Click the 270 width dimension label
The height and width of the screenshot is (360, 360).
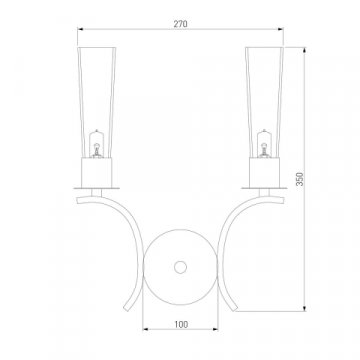pos(180,24)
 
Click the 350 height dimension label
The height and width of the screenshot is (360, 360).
pos(300,179)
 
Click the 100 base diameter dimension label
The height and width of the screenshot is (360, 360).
pos(181,324)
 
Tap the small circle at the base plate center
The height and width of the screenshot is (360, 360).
pos(180,267)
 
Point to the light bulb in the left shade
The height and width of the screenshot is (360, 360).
pos(97,144)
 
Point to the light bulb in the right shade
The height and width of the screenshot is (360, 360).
pos(264,144)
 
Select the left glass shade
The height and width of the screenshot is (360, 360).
pos(97,102)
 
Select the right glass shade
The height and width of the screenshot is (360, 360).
pos(264,102)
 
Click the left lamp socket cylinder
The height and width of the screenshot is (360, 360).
pos(97,173)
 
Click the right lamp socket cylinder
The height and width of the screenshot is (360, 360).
pos(264,173)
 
